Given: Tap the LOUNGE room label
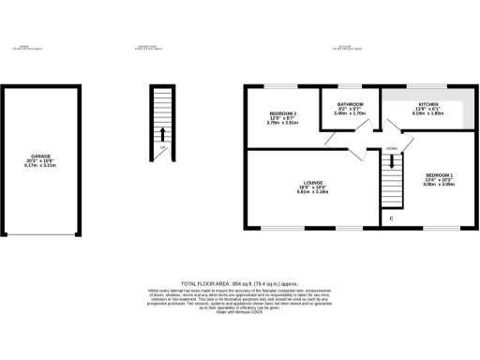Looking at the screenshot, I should (313, 183).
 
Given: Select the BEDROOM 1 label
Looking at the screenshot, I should (439, 175).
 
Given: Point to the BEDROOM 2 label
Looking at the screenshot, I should (281, 112).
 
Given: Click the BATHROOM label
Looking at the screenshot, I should (351, 104).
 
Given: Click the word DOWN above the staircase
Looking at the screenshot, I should (391, 148).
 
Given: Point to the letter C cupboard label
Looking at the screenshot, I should (391, 218).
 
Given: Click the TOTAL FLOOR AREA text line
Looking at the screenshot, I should (239, 282).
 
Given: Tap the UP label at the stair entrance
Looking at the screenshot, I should (163, 148).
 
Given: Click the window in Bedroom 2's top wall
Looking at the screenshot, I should (281, 87).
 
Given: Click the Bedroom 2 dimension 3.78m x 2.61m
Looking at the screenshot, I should (281, 123).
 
